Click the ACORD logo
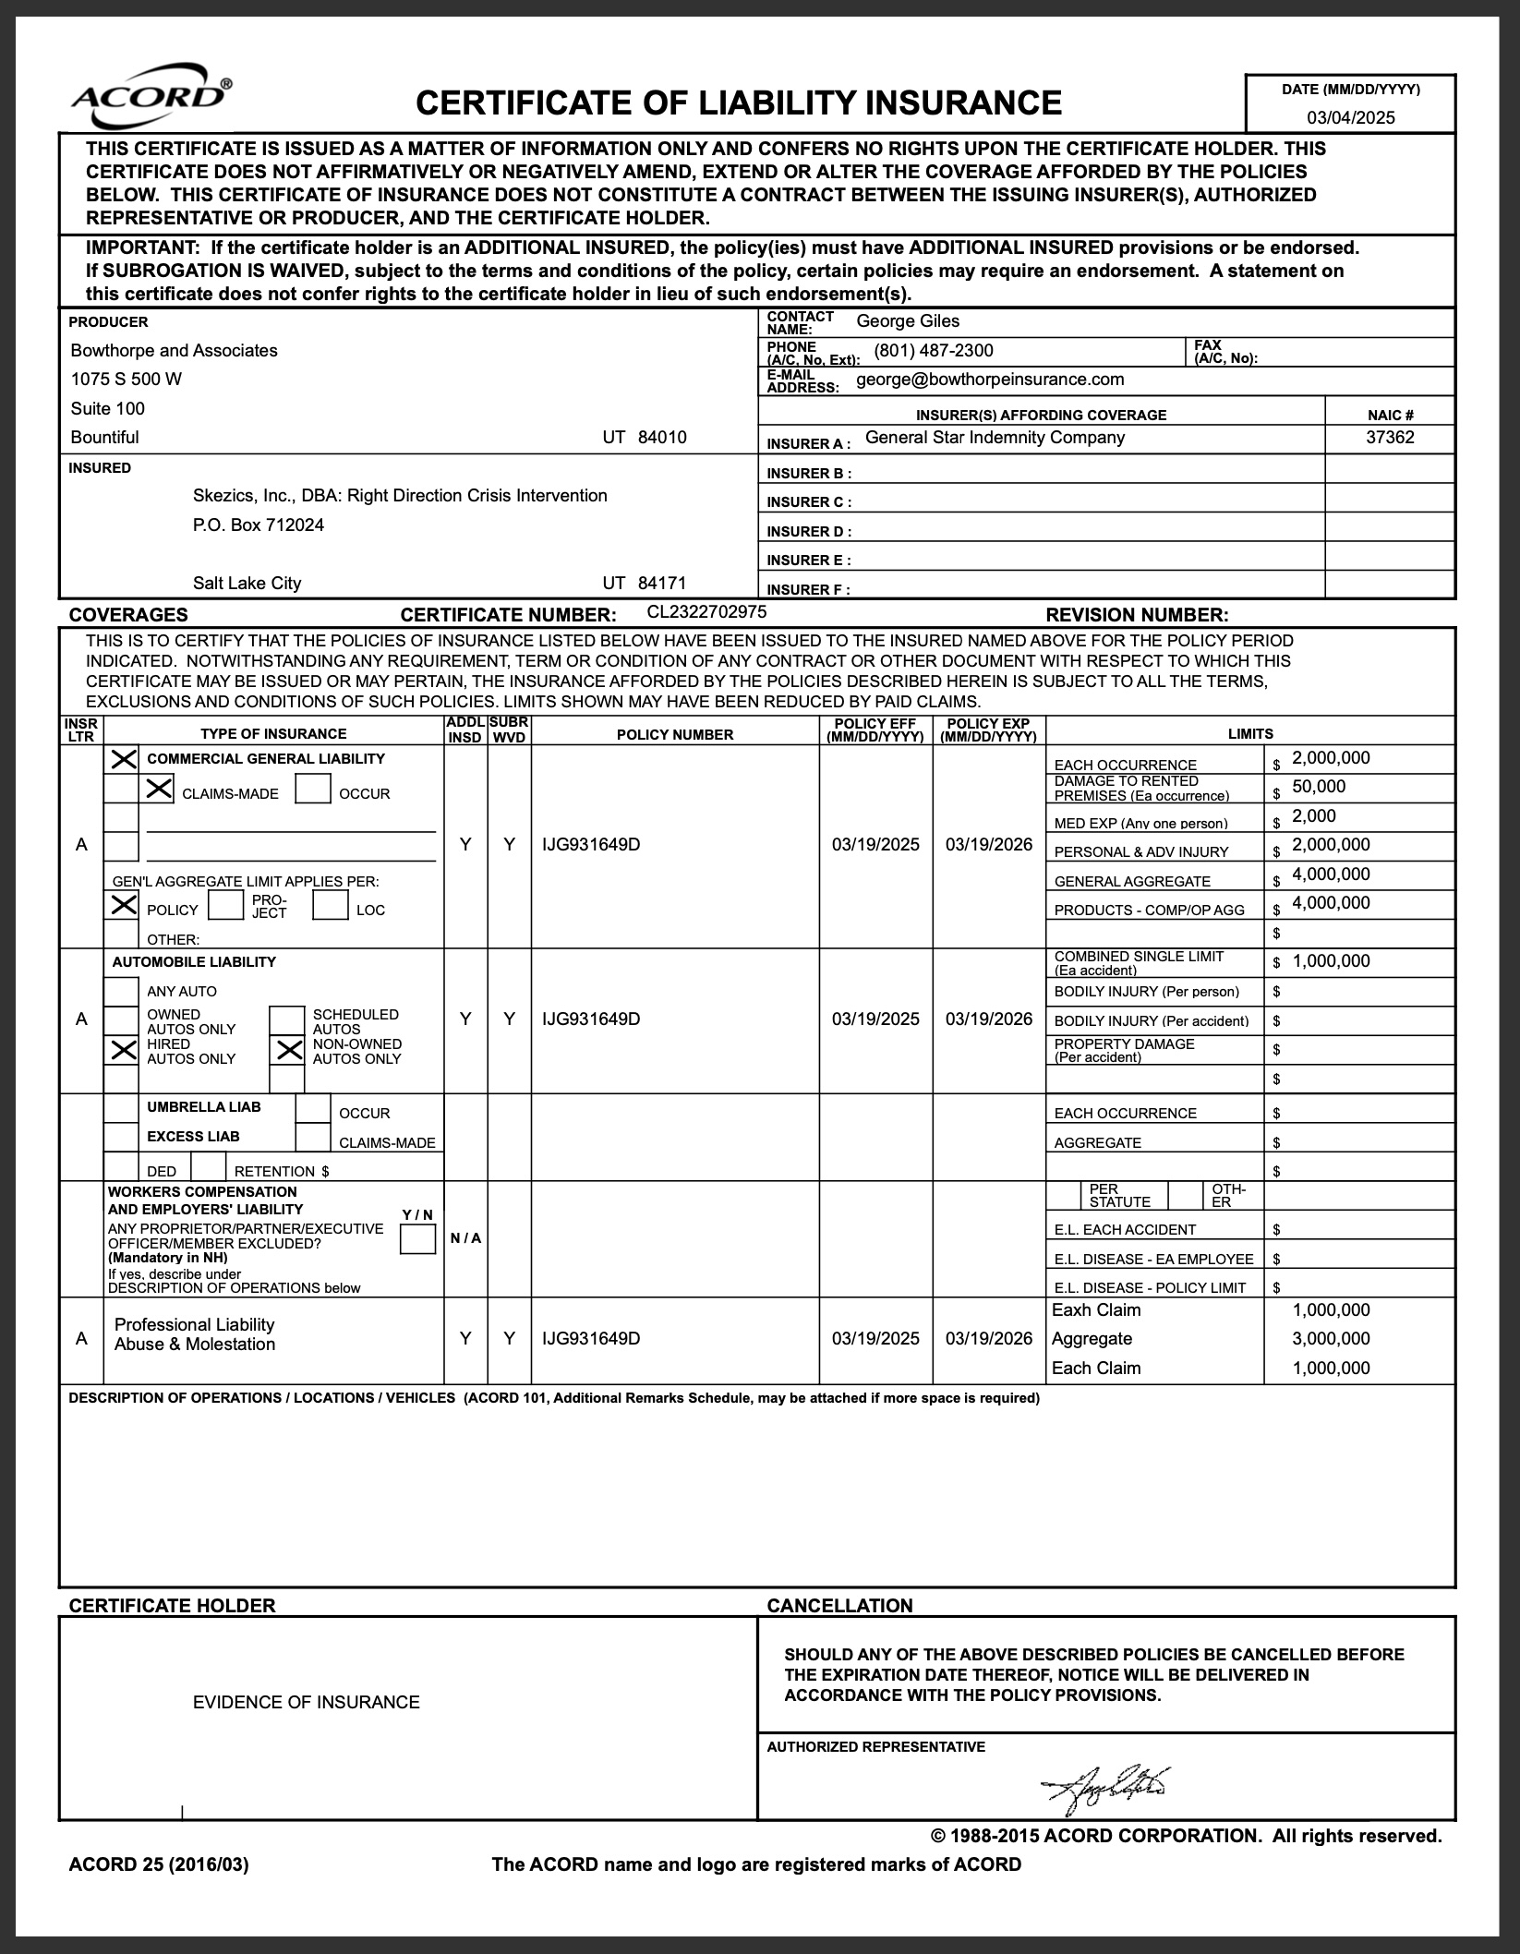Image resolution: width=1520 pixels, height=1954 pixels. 151,96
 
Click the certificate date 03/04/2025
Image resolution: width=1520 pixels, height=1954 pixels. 1350,117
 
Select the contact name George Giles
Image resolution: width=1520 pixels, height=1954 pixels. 908,321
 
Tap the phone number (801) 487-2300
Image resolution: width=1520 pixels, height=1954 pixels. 934,351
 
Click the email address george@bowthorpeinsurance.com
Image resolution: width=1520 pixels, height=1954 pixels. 990,380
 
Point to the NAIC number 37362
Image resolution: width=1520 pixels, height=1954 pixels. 1390,438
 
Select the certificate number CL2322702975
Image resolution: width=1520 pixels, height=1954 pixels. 706,611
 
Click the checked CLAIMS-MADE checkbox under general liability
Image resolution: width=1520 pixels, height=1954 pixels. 160,788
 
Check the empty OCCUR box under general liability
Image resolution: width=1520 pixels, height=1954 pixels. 313,788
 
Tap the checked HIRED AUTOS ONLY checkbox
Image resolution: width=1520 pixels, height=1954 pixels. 122,1049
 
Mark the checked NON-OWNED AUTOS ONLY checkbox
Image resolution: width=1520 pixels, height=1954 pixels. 288,1049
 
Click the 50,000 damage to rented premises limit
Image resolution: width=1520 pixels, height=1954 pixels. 1319,787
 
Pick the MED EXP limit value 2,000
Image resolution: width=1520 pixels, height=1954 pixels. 1314,816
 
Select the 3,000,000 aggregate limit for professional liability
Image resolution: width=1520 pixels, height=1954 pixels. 1331,1339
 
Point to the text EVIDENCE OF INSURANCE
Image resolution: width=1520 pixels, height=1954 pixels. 306,1702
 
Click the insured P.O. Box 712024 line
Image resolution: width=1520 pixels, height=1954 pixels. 259,525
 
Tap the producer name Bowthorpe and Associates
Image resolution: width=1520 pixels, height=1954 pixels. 174,351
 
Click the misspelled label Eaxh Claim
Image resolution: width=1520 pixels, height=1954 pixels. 1096,1310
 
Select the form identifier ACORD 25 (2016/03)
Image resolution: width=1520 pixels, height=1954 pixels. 159,1864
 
